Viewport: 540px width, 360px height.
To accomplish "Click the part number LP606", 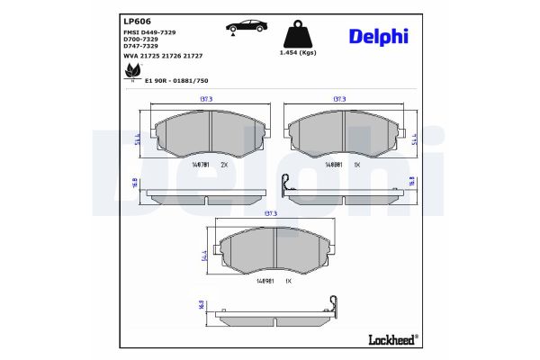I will click(x=136, y=20).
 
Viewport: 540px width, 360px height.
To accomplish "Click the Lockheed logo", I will click(x=392, y=338).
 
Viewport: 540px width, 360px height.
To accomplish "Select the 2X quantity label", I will click(x=225, y=166).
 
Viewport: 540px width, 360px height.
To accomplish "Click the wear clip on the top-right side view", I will click(x=285, y=183).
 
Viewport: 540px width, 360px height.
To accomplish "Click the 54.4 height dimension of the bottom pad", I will click(x=207, y=258).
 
